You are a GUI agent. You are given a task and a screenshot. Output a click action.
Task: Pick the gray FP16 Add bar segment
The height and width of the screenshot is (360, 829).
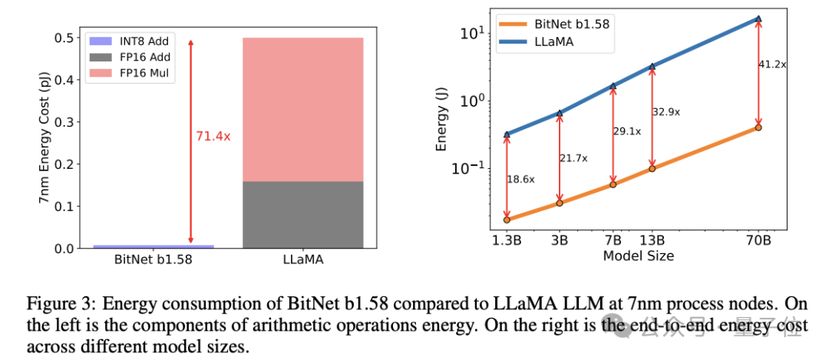[x=303, y=215]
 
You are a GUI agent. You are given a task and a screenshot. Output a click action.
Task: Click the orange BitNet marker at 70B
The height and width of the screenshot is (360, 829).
[x=758, y=127]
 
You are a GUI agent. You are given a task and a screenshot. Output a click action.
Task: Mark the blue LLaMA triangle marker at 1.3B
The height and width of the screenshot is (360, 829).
[x=507, y=134]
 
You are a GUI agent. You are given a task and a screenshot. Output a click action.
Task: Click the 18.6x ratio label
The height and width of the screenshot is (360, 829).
[x=520, y=178]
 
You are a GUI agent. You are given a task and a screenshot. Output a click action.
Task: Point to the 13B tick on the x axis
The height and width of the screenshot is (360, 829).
[x=652, y=240]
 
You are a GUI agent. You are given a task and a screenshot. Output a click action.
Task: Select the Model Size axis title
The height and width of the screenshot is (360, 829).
[x=639, y=256]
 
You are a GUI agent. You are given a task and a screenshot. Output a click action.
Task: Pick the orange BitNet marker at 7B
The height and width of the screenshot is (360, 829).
[x=613, y=184]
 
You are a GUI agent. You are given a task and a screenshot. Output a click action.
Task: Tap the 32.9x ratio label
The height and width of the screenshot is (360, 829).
[x=666, y=112]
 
